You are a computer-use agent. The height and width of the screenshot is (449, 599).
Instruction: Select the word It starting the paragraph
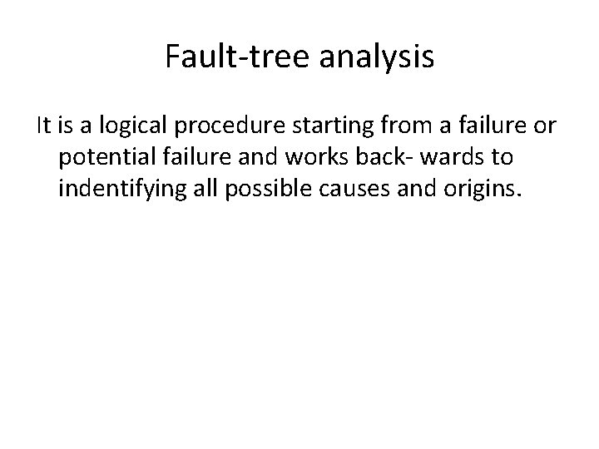pyautogui.click(x=44, y=126)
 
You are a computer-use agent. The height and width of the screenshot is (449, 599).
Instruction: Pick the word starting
pyautogui.click(x=318, y=127)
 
